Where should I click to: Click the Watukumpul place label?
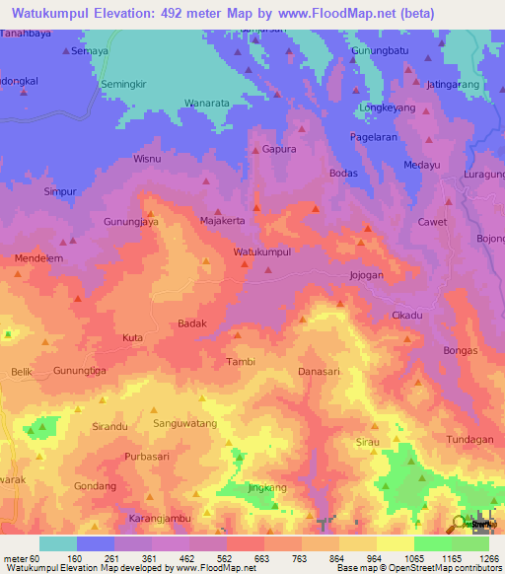(262, 252)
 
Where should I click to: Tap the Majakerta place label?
(223, 221)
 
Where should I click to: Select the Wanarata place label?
(207, 103)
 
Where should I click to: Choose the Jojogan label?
(366, 275)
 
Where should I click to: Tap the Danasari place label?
(319, 372)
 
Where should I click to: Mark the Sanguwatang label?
(184, 423)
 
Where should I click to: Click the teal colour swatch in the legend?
(57, 543)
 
